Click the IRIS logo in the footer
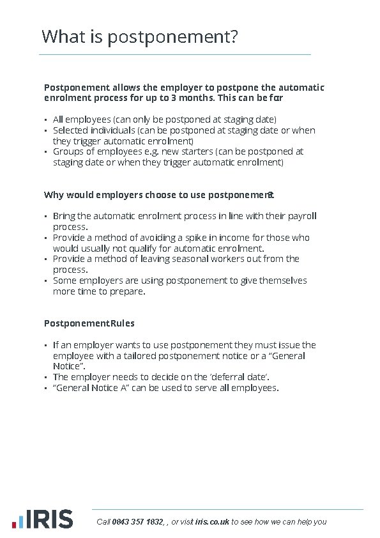coord(42,519)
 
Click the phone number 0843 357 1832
coord(137,522)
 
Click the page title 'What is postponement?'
coord(140,36)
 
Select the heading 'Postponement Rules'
coord(89,323)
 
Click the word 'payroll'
coord(302,216)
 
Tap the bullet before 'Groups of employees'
coord(46,152)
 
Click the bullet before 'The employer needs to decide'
coord(46,378)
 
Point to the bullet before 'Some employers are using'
coord(46,281)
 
